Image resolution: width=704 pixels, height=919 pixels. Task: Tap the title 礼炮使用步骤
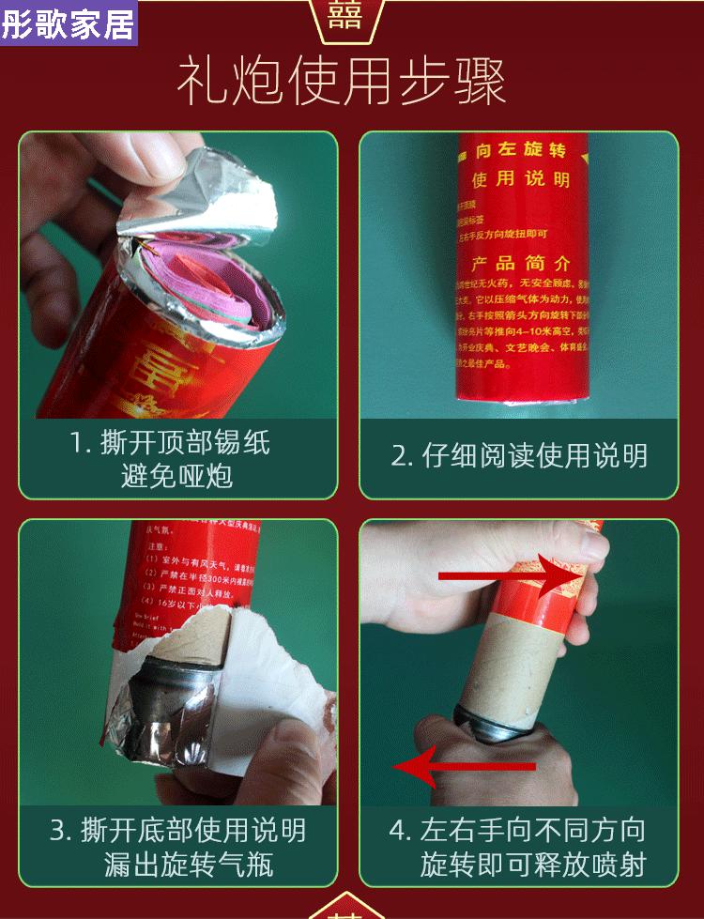(344, 82)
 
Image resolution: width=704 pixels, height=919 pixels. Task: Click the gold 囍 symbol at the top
(344, 16)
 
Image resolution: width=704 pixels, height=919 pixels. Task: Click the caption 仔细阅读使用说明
(519, 456)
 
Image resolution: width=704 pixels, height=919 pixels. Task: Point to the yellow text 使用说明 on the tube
(520, 179)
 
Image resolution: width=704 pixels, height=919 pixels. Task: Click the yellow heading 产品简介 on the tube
(520, 263)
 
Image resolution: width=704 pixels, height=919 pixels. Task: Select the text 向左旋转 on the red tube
(520, 151)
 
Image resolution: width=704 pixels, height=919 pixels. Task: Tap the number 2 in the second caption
(400, 456)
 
